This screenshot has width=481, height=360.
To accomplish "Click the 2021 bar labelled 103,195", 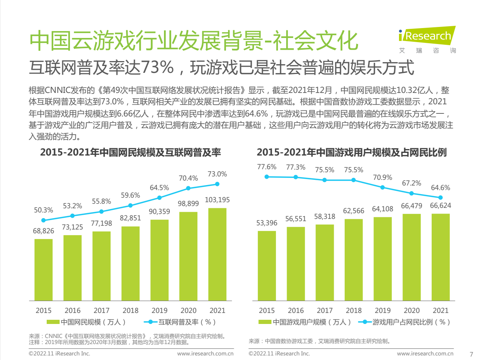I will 217,254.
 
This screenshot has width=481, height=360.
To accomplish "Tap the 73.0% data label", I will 217,174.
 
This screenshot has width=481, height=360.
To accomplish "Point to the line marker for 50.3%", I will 43,220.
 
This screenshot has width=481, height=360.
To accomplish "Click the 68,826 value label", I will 43,231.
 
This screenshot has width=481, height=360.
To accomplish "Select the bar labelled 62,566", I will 354,260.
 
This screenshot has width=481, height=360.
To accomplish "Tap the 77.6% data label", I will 267,167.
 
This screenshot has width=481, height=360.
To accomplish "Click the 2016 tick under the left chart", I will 73,310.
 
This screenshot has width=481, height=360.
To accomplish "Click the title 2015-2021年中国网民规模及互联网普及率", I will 131,153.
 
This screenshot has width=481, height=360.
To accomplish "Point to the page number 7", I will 472,354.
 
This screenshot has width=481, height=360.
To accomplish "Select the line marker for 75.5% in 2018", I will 354,180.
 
